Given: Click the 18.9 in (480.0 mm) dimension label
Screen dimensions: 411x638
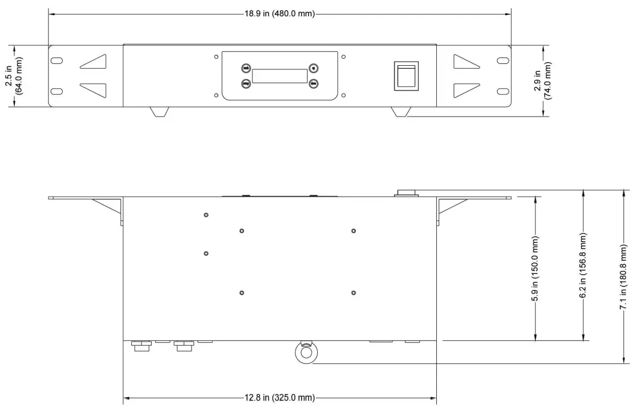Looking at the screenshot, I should pos(280,13).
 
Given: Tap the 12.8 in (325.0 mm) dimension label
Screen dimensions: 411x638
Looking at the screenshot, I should pos(280,398).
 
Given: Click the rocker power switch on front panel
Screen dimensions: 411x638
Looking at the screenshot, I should pos(405,76).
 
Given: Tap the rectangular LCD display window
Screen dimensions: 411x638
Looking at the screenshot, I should pos(279,76).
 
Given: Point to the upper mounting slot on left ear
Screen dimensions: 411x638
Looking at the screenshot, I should pos(56,61).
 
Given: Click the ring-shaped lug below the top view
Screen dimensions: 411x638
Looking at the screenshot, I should pos(305,352).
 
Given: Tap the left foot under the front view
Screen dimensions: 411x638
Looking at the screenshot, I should pos(158,112).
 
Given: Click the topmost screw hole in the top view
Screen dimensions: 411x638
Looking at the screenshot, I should pos(206,215).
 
